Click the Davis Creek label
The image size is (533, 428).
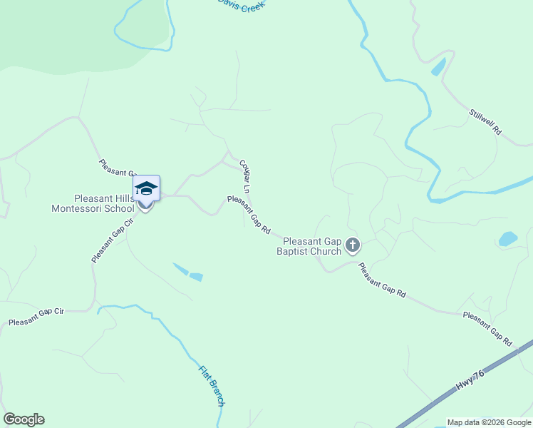[x=241, y=6]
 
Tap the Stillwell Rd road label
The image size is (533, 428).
[x=486, y=122]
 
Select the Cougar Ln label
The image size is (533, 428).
[x=245, y=177]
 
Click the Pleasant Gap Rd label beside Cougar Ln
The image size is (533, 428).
[x=249, y=215]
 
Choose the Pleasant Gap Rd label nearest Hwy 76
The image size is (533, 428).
[x=487, y=328]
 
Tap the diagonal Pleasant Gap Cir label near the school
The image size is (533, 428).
[x=113, y=241]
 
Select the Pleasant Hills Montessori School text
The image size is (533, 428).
[x=93, y=203]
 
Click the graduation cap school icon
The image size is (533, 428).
[x=146, y=189]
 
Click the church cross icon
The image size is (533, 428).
[x=352, y=246]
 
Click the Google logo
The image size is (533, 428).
[x=24, y=419]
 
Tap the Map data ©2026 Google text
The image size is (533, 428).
[x=489, y=422]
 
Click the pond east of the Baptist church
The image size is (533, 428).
[x=508, y=238]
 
